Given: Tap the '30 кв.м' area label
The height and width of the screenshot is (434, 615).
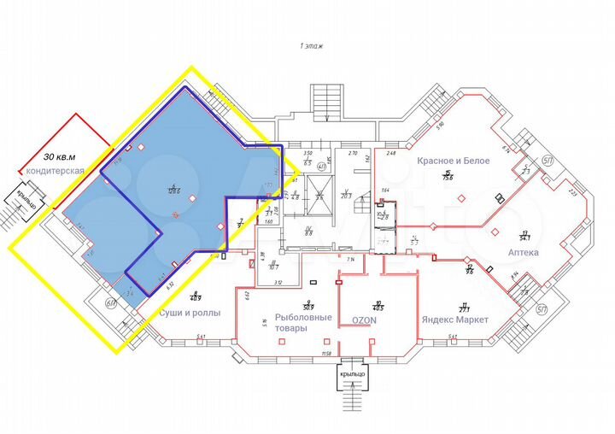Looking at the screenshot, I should tap(59, 156).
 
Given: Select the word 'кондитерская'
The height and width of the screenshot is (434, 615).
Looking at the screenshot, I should tap(53, 171).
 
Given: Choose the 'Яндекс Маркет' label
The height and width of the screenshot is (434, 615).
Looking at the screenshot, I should tap(454, 320).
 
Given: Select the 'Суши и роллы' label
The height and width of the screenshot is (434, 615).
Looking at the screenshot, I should tap(190, 313).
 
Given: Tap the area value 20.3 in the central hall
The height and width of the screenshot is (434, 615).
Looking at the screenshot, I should tap(347, 196).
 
